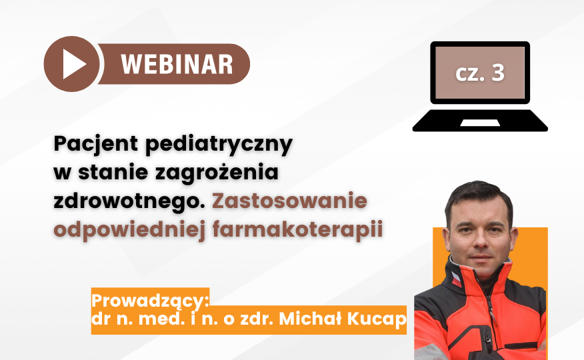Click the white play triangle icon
[73, 64]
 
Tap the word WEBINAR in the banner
[177, 65]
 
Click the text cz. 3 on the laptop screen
[480, 73]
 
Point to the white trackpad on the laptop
[480, 123]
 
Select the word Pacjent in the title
[96, 144]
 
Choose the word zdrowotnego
[129, 202]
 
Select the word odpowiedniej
[129, 231]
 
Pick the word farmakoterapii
[297, 230]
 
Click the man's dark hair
[479, 199]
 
